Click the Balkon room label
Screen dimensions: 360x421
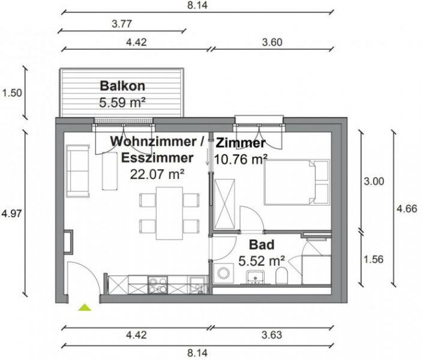123,85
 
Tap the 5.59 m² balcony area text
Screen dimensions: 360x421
123,102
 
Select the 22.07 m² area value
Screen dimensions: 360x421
157,174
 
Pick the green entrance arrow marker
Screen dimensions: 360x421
85,308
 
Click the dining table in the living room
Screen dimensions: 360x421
169,212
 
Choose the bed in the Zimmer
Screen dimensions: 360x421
297,182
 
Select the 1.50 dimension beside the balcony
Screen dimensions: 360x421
13,93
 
